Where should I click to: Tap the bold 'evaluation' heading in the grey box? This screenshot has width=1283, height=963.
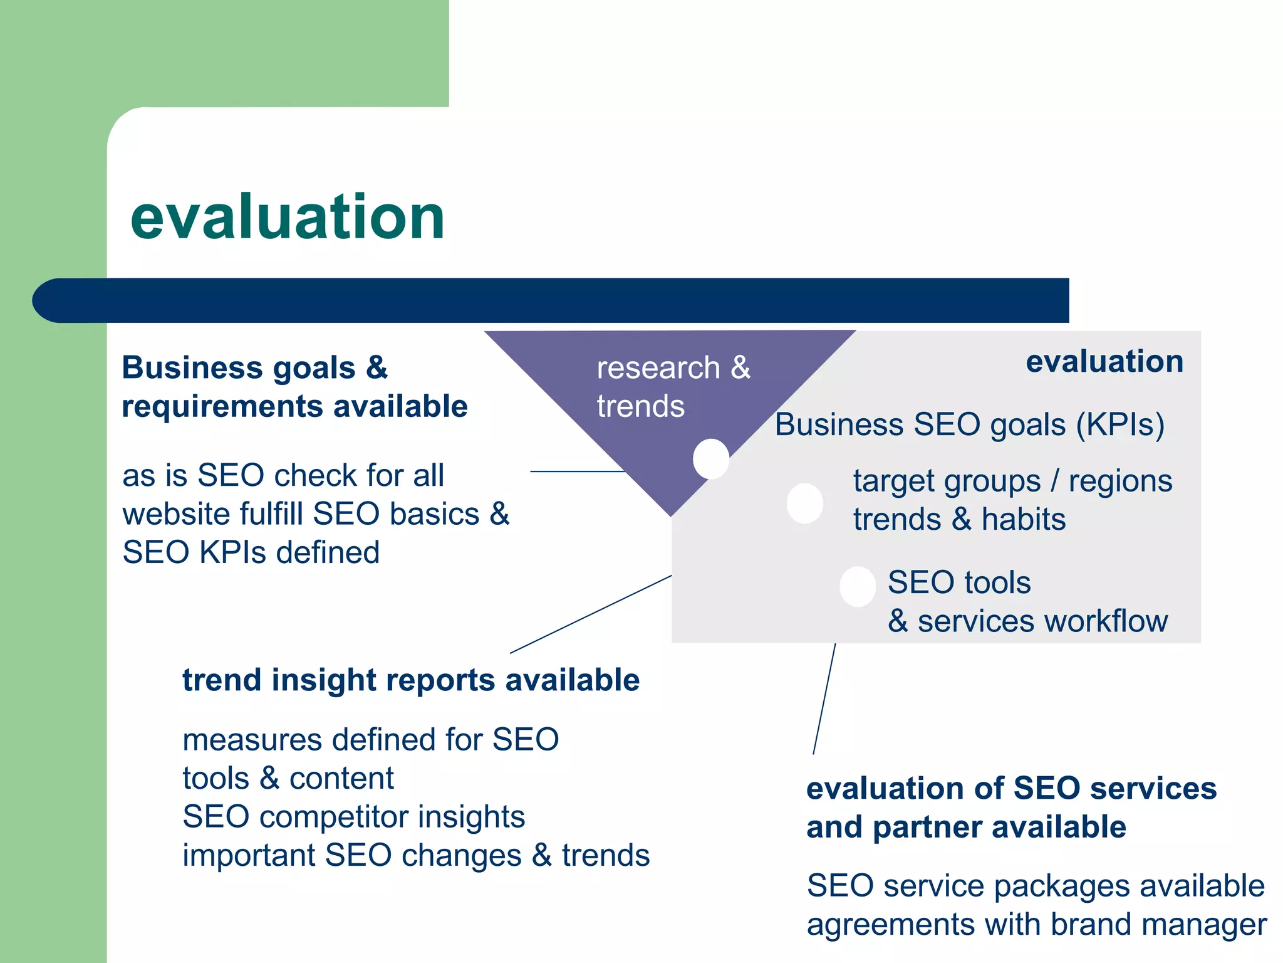click(x=1104, y=362)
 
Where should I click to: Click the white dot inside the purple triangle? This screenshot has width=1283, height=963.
click(x=711, y=458)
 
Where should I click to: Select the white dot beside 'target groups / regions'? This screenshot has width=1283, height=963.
click(x=805, y=503)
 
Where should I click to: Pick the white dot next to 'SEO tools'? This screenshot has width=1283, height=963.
click(x=858, y=586)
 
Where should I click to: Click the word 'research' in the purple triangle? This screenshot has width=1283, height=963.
click(x=658, y=368)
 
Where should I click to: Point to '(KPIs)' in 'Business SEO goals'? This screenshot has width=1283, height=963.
click(x=1120, y=425)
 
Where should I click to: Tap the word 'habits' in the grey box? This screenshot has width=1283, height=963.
click(x=1024, y=520)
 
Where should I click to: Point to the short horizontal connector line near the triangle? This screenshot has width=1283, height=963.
click(x=577, y=471)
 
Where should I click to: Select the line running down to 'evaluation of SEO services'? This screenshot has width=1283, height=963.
click(x=824, y=698)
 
